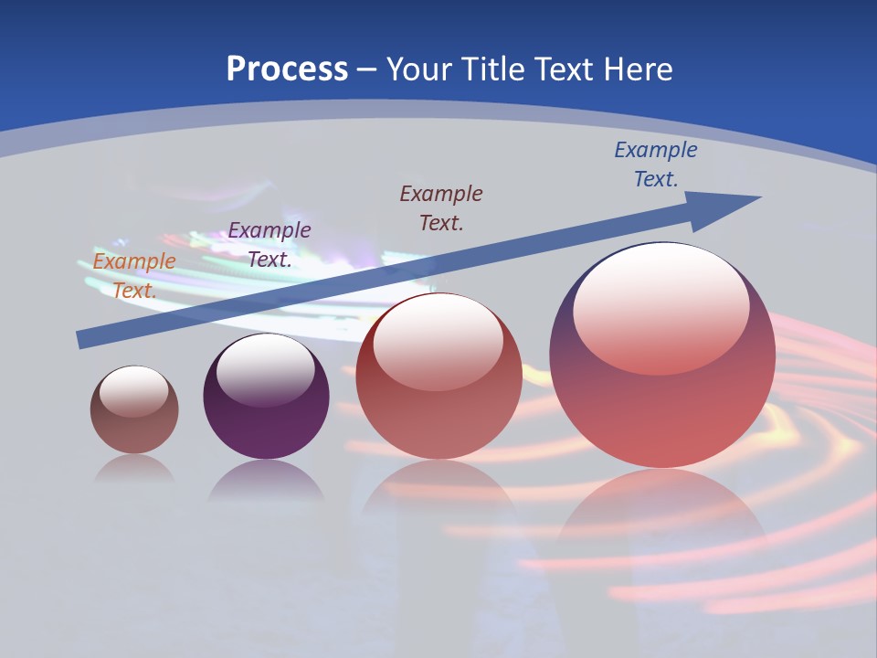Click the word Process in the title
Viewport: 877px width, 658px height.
tap(287, 69)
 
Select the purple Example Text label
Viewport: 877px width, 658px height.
tap(269, 245)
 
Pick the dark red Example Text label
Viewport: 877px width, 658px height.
tap(441, 207)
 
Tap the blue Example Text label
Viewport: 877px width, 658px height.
tap(656, 164)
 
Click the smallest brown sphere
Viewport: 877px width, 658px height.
tap(134, 420)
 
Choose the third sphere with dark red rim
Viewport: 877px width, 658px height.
tap(439, 402)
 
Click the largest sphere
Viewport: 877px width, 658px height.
tap(662, 384)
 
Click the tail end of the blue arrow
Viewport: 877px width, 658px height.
tap(82, 340)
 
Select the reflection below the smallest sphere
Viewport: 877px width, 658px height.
tap(134, 469)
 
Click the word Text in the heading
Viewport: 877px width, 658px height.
tap(569, 69)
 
